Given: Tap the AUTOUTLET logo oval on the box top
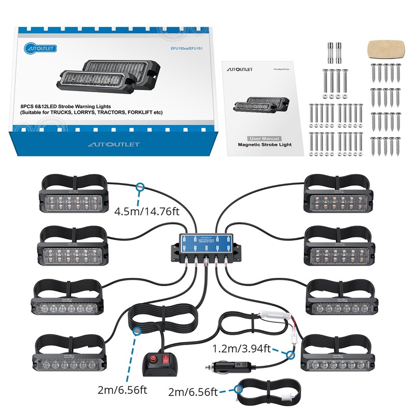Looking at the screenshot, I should pyautogui.click(x=40, y=49).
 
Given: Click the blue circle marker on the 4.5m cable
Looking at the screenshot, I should pyautogui.click(x=139, y=187).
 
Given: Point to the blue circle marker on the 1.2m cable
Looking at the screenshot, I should pyautogui.click(x=290, y=356).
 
